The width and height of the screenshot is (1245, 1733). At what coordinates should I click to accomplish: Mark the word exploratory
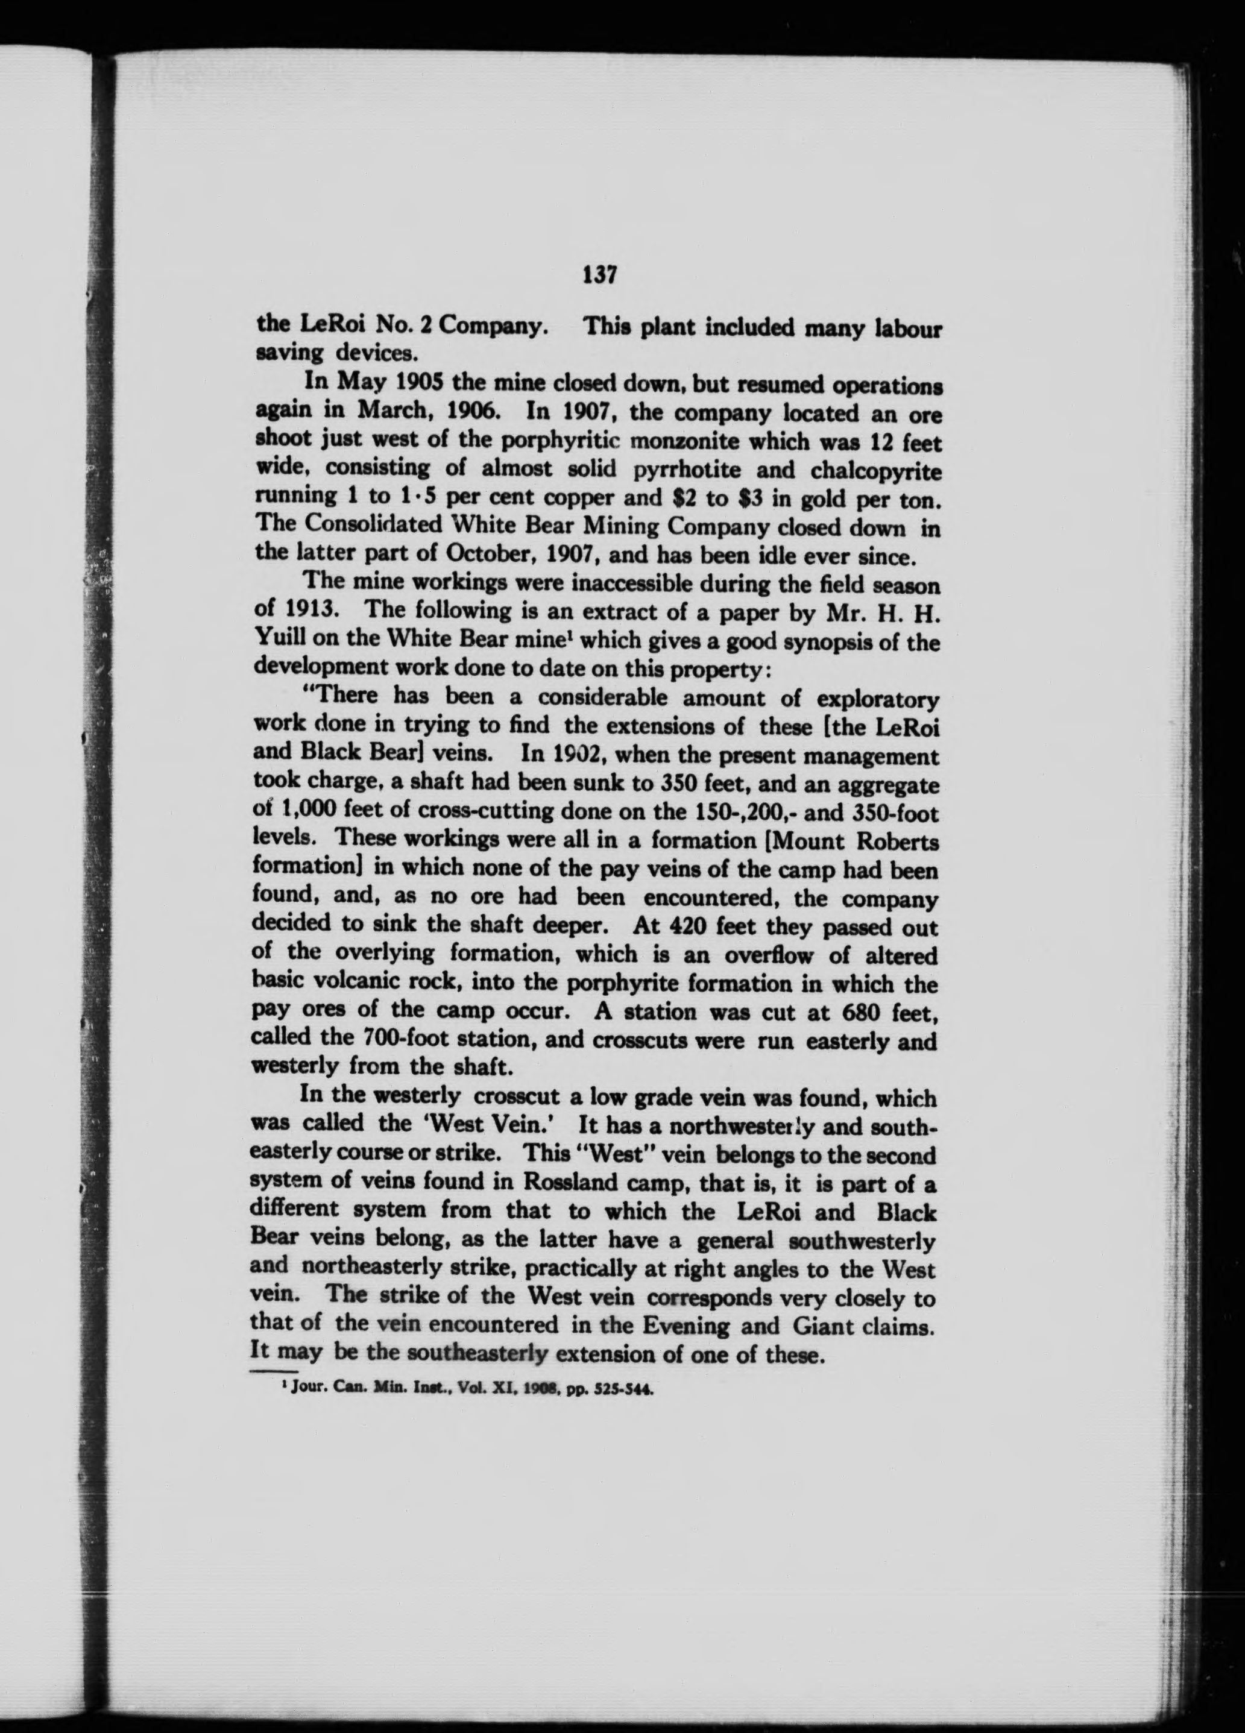(877, 700)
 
